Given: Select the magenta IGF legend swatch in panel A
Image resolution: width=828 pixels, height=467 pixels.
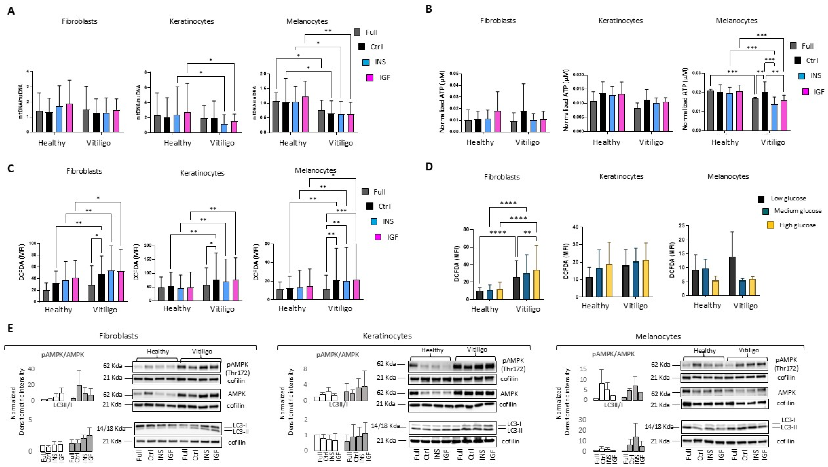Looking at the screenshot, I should (x=370, y=77).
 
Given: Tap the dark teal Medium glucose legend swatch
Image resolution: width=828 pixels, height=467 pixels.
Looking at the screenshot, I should (x=766, y=211).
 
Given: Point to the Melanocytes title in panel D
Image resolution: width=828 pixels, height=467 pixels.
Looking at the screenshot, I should (x=728, y=176).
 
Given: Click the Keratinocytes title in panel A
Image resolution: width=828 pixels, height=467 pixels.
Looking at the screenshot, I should (x=192, y=21).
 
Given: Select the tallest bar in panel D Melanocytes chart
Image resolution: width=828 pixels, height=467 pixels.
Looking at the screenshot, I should (x=732, y=276).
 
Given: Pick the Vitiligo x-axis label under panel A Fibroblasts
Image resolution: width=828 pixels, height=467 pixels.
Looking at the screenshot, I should (x=98, y=143).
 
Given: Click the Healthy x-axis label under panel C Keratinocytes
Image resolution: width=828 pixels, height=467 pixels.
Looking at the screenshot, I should (x=177, y=309).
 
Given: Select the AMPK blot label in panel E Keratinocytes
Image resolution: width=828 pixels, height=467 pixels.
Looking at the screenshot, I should (x=509, y=393).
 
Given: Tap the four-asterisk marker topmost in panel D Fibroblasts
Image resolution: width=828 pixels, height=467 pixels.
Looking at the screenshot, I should (x=508, y=203).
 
